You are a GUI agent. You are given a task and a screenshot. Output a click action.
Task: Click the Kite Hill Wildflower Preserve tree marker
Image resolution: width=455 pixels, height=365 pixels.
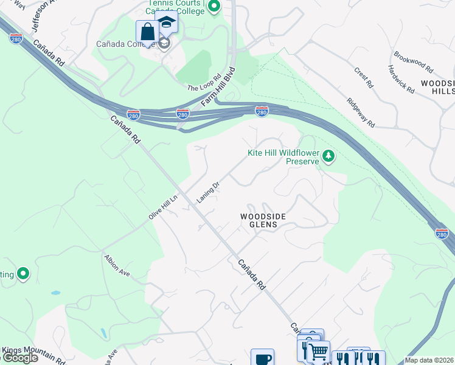pos(328,156)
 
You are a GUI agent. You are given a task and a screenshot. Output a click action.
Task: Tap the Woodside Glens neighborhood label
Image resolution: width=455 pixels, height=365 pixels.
pos(259,220)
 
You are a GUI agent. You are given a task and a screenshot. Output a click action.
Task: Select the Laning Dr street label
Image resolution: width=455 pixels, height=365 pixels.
pos(207,192)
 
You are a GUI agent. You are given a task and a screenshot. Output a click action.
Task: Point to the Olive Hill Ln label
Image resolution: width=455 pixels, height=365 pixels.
pos(163,207)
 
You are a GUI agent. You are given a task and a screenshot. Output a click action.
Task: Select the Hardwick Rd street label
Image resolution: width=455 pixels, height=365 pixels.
pos(403,80)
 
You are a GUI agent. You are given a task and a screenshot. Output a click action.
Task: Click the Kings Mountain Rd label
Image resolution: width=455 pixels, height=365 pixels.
pos(33,355)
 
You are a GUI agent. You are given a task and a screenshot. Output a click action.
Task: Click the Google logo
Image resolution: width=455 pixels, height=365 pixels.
pos(20,358)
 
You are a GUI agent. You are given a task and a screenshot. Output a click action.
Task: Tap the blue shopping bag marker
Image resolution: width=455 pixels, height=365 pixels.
pos(148,31)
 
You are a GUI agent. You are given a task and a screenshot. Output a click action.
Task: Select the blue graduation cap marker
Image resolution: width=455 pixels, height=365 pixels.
pos(166,23)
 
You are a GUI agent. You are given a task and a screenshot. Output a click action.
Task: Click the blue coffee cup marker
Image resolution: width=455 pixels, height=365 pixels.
pos(262,358)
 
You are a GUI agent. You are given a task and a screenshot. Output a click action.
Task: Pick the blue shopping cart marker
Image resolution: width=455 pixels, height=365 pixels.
pos(318,352)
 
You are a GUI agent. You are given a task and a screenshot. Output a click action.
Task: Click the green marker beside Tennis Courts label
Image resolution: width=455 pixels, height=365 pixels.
pos(214,7)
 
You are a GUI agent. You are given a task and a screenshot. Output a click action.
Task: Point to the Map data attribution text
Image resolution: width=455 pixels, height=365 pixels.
pos(429,360)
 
